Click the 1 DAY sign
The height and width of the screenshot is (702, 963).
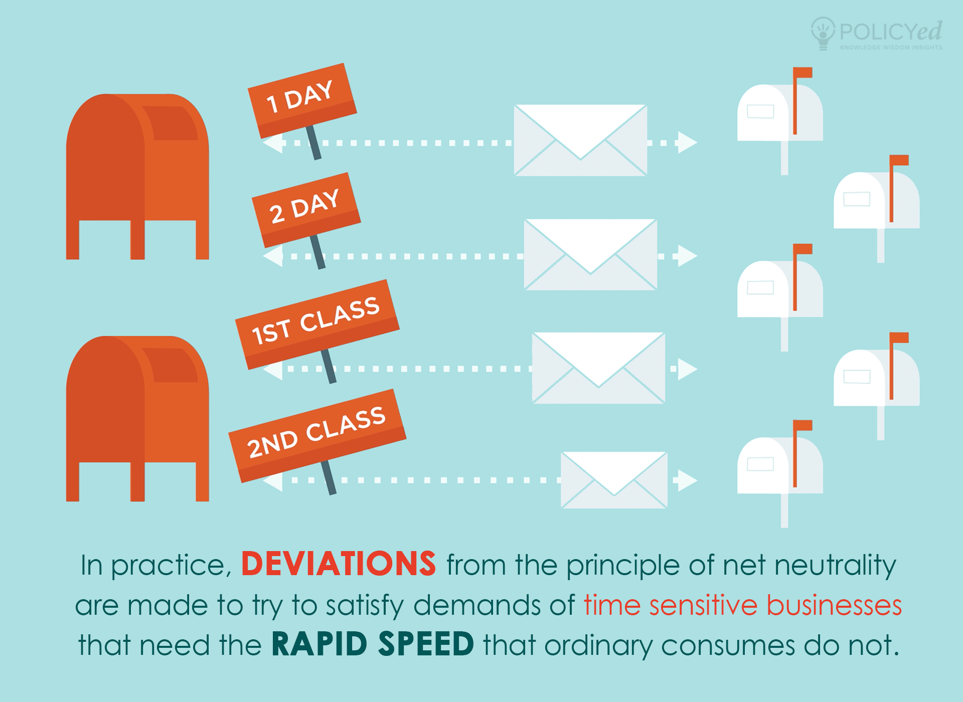[302, 100]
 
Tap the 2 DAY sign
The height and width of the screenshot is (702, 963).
[306, 210]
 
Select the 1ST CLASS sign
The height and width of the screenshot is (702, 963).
[317, 324]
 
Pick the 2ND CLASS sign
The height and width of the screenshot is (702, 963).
[317, 435]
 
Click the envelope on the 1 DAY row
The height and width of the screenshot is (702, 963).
[580, 140]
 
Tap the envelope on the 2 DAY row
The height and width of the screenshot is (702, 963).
[590, 254]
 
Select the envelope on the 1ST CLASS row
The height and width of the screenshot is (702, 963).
[598, 368]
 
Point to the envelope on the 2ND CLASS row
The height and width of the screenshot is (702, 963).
[614, 480]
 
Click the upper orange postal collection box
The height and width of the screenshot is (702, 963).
[137, 177]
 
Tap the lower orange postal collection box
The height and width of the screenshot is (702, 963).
[137, 419]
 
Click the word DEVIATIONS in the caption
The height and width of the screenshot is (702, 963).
[339, 564]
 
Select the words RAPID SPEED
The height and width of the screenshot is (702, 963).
[373, 644]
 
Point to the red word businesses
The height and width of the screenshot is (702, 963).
[834, 604]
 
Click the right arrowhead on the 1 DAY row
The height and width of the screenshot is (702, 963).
[688, 142]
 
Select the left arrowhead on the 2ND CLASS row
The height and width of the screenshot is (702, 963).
[272, 480]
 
